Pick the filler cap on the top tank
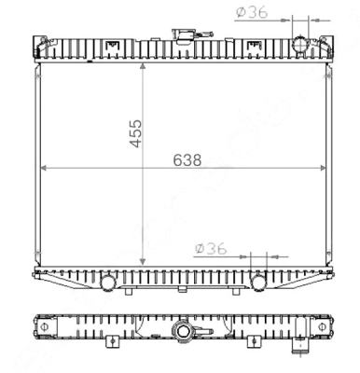click(183, 38)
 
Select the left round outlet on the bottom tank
click(108, 279)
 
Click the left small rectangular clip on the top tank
click(113, 45)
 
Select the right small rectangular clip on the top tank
click(254, 45)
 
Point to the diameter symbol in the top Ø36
click(241, 11)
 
